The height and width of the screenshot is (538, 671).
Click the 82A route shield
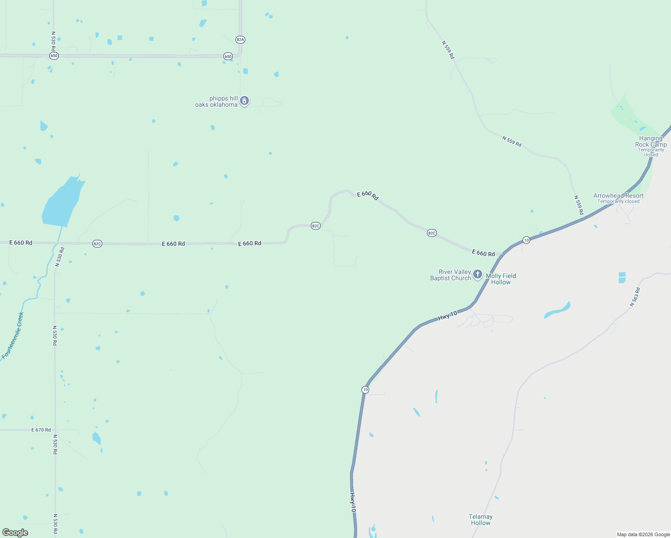coord(240,39)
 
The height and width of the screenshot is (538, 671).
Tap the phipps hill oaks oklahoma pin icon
coord(244,101)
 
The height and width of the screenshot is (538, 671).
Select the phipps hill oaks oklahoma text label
coord(217,102)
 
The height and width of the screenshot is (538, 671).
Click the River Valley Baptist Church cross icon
coord(478,274)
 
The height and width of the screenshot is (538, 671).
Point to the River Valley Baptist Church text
coord(450,275)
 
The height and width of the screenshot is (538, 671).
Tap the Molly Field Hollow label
coord(501,279)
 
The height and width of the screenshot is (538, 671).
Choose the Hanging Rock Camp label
coord(651,142)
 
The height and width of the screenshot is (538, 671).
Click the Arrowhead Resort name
coord(618,195)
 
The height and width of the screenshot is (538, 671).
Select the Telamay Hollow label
coord(480,520)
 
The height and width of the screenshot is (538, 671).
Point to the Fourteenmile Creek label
coord(13,335)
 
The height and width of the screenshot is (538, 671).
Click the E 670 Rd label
coord(41,430)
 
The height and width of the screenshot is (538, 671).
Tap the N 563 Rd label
coord(635,297)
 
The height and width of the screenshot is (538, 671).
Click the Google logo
coord(15,533)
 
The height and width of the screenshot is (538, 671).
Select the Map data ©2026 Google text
coord(643,534)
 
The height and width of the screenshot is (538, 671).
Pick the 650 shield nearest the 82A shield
coord(228,56)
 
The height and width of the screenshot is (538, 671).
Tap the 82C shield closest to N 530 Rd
coord(97,244)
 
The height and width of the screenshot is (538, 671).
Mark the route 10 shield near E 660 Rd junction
coord(526,240)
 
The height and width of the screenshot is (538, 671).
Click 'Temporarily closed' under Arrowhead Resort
coord(618,201)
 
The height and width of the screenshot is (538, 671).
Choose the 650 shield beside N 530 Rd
coord(54,56)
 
